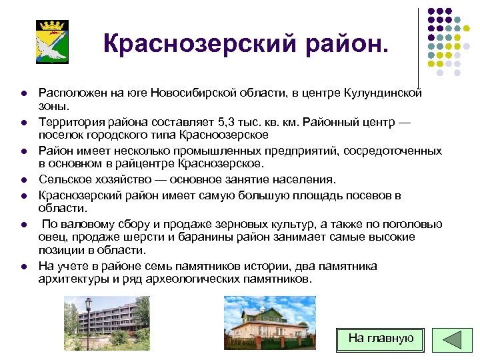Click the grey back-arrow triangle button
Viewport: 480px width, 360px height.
tap(452, 339)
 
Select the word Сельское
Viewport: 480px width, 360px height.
tap(62, 179)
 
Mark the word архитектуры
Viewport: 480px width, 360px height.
tap(70, 279)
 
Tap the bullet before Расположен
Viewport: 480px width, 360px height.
tap(23, 94)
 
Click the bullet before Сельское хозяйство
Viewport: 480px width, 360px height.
tap(23, 180)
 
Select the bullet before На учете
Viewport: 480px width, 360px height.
tap(23, 267)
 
